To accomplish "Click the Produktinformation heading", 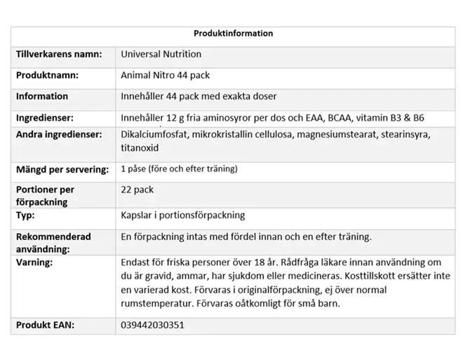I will pyautogui.click(x=233, y=34).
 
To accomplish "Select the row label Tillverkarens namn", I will pyautogui.click(x=59, y=54).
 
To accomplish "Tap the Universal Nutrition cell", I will pyautogui.click(x=161, y=54).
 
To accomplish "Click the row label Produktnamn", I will pyautogui.click(x=47, y=75).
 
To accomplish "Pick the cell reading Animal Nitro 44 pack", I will pyautogui.click(x=165, y=75).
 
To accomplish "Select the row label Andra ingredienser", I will pyautogui.click(x=58, y=134).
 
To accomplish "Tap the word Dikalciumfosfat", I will pyautogui.click(x=153, y=134).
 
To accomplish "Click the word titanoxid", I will pyautogui.click(x=140, y=148).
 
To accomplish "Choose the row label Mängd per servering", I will pyautogui.click(x=62, y=169).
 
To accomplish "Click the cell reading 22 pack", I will pyautogui.click(x=137, y=189).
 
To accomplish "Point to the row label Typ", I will pyautogui.click(x=26, y=215).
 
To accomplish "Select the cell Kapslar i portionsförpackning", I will pyautogui.click(x=182, y=215).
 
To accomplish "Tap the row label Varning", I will pyautogui.click(x=34, y=262).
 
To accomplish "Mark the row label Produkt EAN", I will pyautogui.click(x=45, y=326).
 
